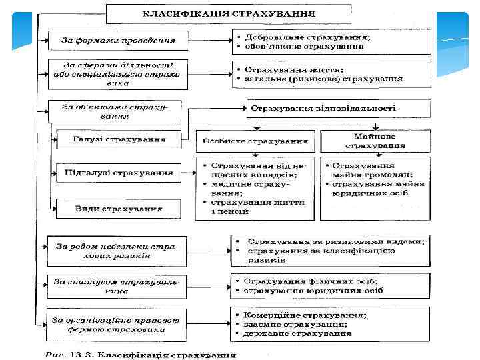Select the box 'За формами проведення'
pyautogui.click(x=115, y=40)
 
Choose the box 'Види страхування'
pyautogui.click(x=119, y=208)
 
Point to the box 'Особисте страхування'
pyautogui.click(x=255, y=141)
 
